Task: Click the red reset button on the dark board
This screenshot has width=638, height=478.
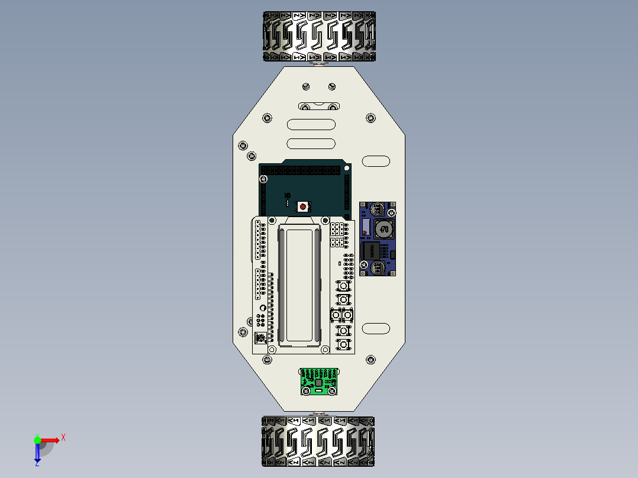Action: (x=303, y=206)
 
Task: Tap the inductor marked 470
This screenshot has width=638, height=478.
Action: (x=383, y=229)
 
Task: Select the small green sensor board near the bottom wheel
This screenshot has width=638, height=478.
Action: (x=318, y=382)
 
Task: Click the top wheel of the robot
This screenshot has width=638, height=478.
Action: (x=319, y=36)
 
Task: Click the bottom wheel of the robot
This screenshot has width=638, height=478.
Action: (x=318, y=441)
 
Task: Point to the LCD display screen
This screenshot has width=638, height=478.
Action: (x=300, y=284)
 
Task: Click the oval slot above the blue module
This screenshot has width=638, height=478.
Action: (x=376, y=160)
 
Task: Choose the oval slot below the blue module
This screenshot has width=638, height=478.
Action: (x=376, y=328)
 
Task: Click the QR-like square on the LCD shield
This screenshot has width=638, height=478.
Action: (x=259, y=338)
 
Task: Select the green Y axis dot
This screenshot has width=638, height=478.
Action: (x=37, y=440)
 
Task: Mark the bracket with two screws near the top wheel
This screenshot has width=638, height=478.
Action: (x=319, y=106)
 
